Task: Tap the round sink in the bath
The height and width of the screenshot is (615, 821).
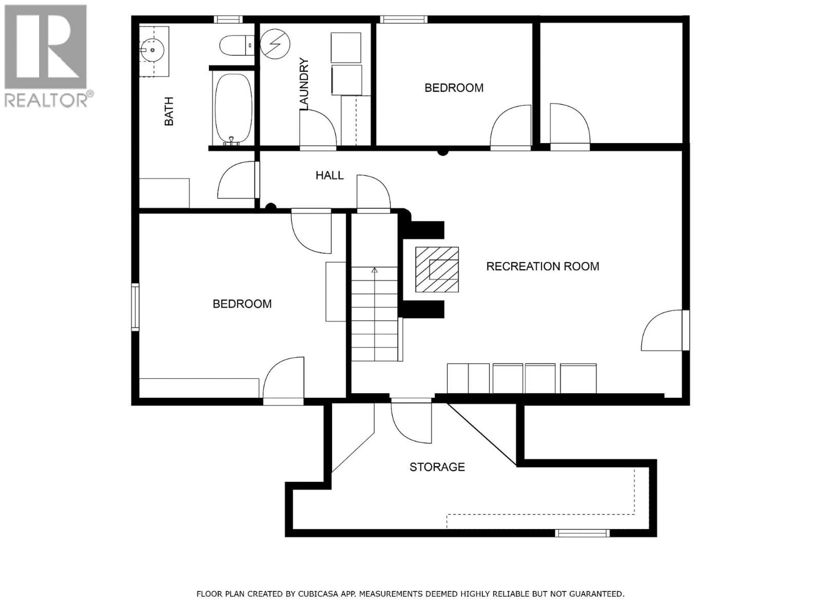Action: point(152,50)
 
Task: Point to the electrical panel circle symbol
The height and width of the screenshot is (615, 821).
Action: point(275,44)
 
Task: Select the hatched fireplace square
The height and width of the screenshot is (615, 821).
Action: point(437,269)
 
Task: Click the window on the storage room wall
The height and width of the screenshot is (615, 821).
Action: point(582,533)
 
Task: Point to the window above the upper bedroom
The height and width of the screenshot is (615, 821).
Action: point(403,19)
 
